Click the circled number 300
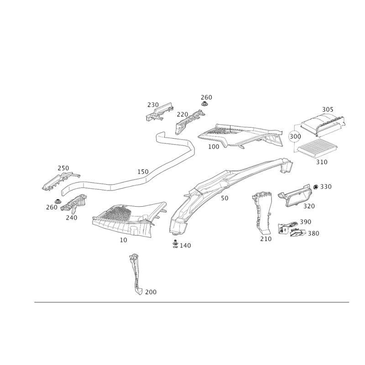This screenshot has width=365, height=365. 294,136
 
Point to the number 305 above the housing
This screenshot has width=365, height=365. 328,110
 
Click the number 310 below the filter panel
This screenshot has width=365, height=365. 322,162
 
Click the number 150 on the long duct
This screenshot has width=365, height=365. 143,172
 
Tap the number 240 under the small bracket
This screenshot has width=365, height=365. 72,218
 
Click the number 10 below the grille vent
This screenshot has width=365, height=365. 123,239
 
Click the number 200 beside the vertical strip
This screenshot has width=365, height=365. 151,292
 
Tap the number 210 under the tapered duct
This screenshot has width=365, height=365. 265,238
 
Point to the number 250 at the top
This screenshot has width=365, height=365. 207,97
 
